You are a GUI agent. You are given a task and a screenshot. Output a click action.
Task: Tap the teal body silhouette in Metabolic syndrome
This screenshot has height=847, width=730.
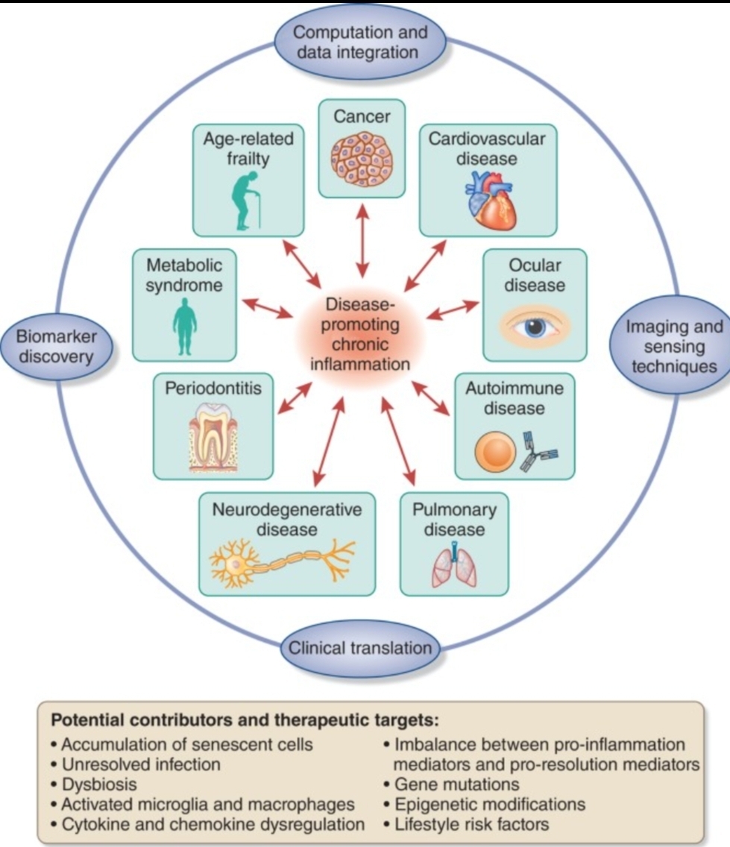click(x=184, y=327)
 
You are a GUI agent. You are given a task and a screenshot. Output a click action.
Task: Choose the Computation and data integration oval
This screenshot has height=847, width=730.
click(x=360, y=42)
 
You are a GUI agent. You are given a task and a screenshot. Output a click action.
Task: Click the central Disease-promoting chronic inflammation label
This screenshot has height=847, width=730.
click(x=361, y=336)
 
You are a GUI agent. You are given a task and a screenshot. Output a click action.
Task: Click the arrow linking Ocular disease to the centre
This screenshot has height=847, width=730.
click(x=453, y=309)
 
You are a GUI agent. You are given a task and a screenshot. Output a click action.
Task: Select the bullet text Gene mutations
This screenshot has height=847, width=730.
click(x=456, y=784)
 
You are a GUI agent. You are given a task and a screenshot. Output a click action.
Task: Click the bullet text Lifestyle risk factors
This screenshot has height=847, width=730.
click(x=471, y=825)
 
